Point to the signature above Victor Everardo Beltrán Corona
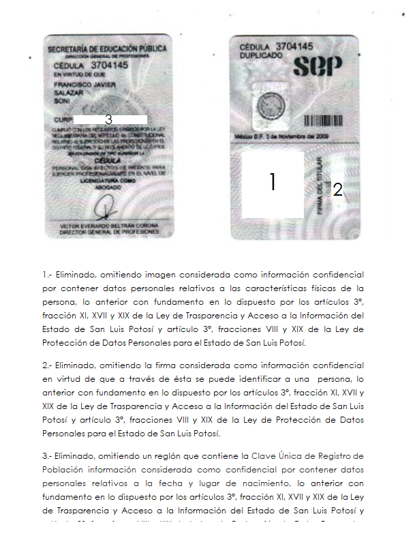[x=106, y=205]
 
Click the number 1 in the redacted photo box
[x=273, y=182]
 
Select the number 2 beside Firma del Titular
[x=337, y=190]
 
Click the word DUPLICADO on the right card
[x=261, y=55]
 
